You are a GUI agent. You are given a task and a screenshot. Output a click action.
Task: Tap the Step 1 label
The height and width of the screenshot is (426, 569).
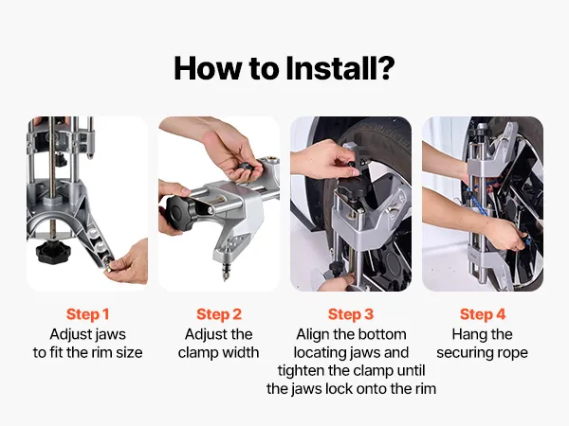[x=88, y=314]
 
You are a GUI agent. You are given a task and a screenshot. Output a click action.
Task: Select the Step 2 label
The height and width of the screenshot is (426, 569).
[x=219, y=314]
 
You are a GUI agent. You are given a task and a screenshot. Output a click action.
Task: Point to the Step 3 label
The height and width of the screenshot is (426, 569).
[x=351, y=314]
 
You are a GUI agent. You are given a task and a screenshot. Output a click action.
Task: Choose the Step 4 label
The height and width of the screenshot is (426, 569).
[x=483, y=314]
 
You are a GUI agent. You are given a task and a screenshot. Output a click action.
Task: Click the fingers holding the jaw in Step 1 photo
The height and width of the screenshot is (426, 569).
[x=128, y=262]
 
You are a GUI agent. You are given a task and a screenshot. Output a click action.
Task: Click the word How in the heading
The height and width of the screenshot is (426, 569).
[x=208, y=68]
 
